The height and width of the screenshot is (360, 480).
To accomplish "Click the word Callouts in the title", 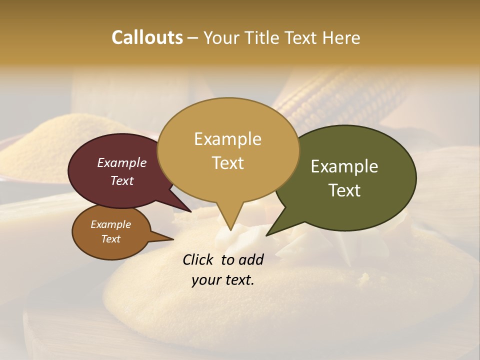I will tap(147, 37).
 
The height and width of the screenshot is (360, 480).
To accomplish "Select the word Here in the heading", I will tap(341, 37).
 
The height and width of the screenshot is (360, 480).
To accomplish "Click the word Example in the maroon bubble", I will tap(121, 162).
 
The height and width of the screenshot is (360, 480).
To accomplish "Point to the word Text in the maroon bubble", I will tap(121, 180).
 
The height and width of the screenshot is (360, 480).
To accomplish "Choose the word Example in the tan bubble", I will tap(227, 139).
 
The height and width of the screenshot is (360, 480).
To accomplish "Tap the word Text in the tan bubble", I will tap(227, 163).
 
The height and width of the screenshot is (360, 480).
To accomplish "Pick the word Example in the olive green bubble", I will tap(344, 166).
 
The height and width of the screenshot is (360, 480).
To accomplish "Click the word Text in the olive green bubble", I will tap(344, 190).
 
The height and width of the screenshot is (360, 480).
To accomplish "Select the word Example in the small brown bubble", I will tap(110, 224).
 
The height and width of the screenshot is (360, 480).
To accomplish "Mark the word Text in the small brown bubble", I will tap(110, 239).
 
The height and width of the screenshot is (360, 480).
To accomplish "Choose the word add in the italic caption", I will tap(251, 260).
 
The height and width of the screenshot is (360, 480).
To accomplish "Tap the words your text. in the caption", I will tap(223, 280).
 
